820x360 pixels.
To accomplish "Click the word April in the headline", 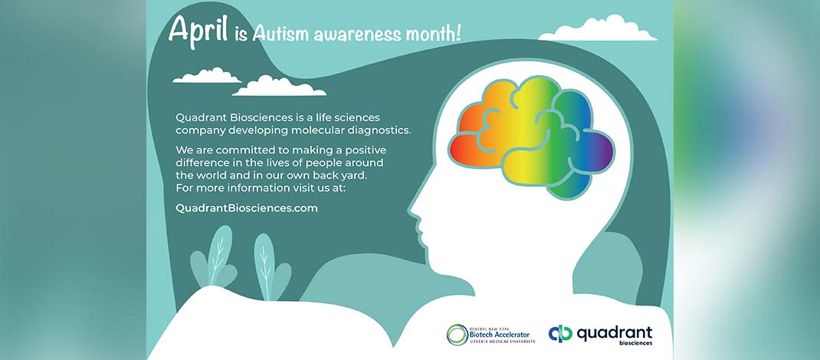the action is (x=198, y=31).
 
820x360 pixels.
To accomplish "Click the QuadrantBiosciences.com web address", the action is (x=247, y=208).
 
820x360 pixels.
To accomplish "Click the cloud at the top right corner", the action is (x=597, y=29).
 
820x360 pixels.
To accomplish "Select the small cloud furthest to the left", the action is (x=207, y=76).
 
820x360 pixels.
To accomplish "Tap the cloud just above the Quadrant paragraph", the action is (x=279, y=87).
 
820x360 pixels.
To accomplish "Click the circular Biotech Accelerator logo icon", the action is (x=458, y=335).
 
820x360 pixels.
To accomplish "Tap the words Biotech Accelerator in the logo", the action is (x=500, y=335).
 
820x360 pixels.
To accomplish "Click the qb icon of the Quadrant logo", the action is (x=561, y=333).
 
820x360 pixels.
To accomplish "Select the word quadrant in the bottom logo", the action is (x=615, y=332).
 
